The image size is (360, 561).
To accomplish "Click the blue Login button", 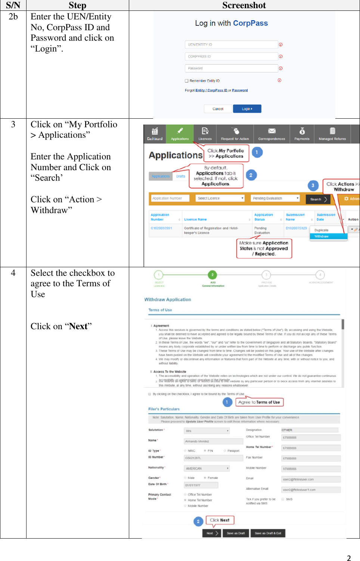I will tap(247, 109).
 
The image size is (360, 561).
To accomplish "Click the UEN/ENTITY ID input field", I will tap(231, 44).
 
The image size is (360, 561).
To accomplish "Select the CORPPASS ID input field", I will tap(231, 56).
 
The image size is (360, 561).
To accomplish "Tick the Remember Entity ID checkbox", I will tap(187, 81).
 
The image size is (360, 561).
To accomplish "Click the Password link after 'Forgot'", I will tap(240, 90).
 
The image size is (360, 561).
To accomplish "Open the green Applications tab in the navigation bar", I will tap(180, 134).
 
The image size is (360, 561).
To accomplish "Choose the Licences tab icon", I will tap(205, 134).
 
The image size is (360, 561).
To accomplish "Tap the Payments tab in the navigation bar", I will tap(302, 134).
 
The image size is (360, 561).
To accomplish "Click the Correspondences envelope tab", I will tap(271, 134).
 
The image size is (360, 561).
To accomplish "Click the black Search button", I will tap(318, 199).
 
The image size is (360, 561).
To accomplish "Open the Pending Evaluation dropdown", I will tap(275, 198).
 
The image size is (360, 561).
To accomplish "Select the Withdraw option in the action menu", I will tap(328, 236).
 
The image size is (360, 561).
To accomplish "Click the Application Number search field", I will tap(170, 198).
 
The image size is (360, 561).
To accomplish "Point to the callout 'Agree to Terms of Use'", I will tap(259, 402).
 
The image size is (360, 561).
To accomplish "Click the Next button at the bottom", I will tap(212, 533).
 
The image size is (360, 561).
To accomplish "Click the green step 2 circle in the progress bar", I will tap(212, 275).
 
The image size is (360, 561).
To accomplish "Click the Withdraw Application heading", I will tap(168, 299).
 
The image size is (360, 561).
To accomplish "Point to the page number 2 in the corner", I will tap(349, 558).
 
